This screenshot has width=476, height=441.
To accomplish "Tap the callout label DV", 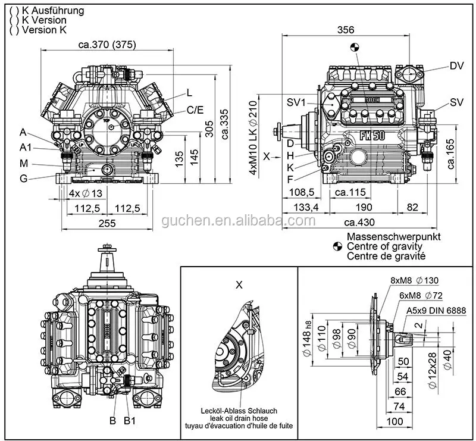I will point(456,65).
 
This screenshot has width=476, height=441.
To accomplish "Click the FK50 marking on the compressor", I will point(373,135).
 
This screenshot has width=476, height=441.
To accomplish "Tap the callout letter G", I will point(23,177).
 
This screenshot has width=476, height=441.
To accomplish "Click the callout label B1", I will point(130,421).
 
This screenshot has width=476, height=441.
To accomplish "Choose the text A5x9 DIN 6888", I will point(436,310).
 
